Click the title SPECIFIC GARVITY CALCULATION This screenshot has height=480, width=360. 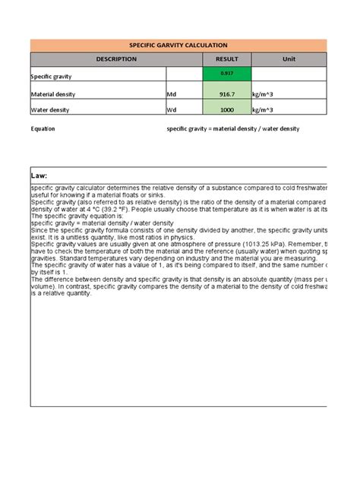pyautogui.click(x=178, y=46)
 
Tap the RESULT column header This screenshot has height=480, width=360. pyautogui.click(x=227, y=59)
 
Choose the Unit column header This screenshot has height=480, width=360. pyautogui.click(x=289, y=59)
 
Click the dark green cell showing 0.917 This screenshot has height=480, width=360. pyautogui.click(x=227, y=73)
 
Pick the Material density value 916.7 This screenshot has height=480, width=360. pyautogui.click(x=227, y=93)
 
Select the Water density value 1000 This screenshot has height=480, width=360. pyautogui.click(x=227, y=110)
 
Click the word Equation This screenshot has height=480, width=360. pyautogui.click(x=43, y=129)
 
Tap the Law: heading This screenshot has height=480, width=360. pyautogui.click(x=39, y=175)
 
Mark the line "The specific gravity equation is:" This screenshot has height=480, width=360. pyautogui.click(x=67, y=215)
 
